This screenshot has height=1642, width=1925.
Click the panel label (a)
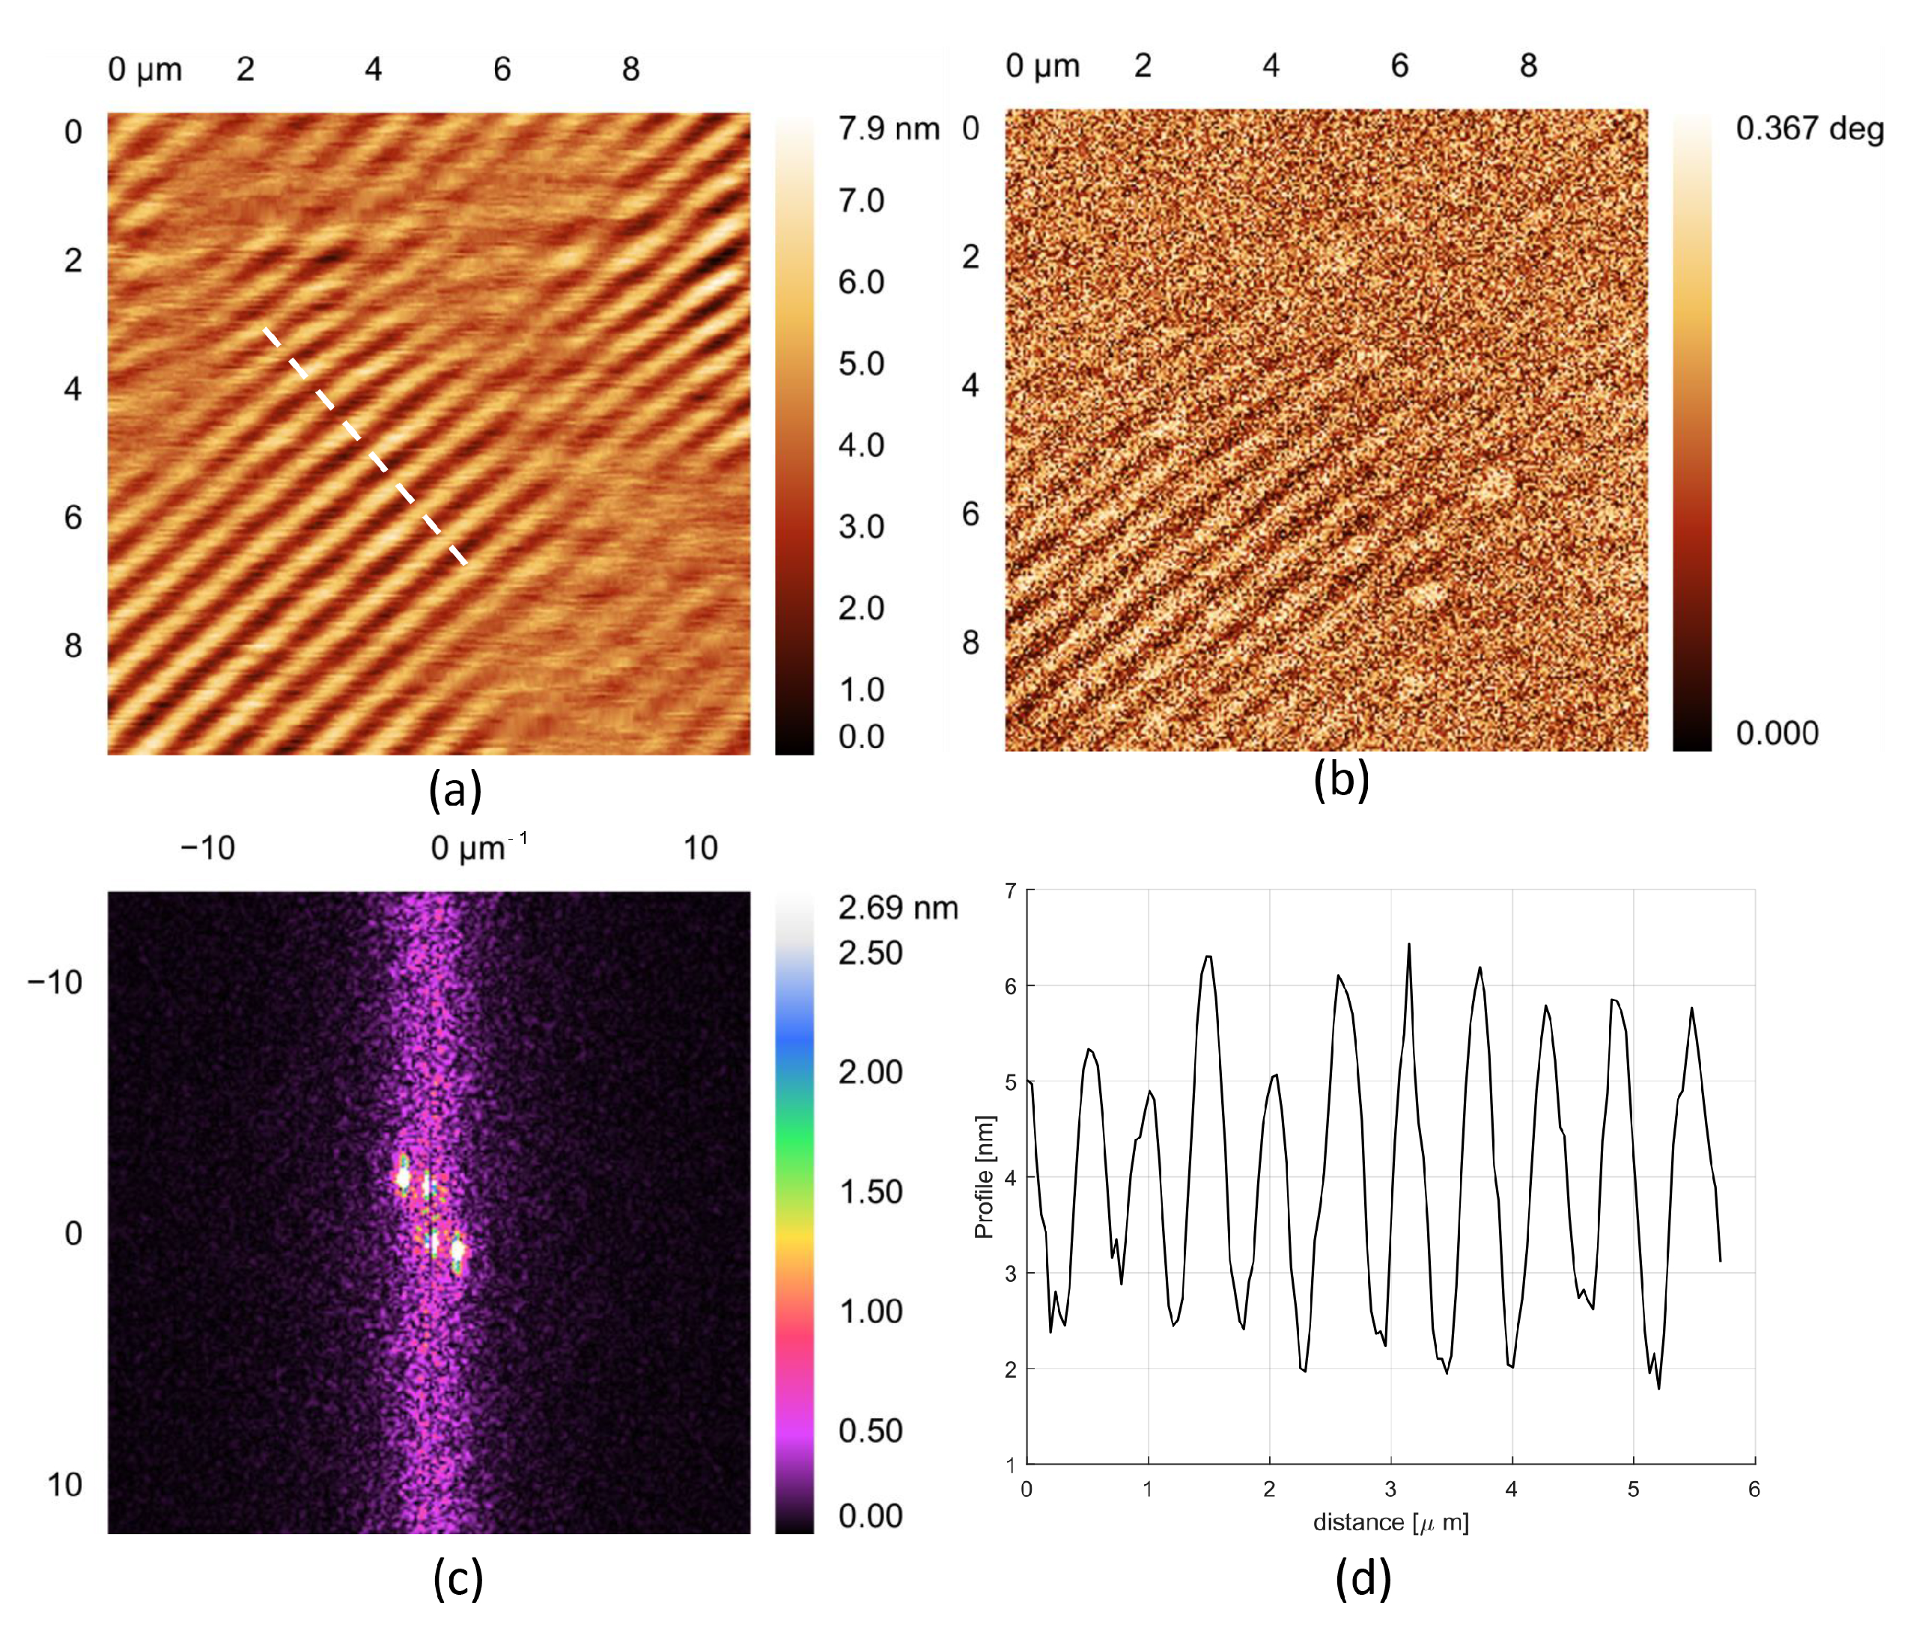[454, 790]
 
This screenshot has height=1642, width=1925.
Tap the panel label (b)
[1341, 779]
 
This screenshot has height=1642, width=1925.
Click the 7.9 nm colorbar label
[888, 128]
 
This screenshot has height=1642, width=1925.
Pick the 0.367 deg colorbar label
[1809, 128]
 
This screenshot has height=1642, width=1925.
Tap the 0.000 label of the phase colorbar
[1776, 732]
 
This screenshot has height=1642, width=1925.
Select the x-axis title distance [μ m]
[1390, 1522]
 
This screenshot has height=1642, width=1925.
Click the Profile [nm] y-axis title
[984, 1176]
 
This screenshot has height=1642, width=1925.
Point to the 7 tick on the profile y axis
[1011, 891]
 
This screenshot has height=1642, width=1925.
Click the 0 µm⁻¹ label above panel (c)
[478, 847]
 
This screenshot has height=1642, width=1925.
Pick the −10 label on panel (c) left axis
[55, 982]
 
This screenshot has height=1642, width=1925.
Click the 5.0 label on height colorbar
[860, 363]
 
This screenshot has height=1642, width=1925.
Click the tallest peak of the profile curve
[1408, 945]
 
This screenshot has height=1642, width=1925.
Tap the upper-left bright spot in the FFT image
[402, 1176]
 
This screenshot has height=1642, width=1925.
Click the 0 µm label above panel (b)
[1042, 66]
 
